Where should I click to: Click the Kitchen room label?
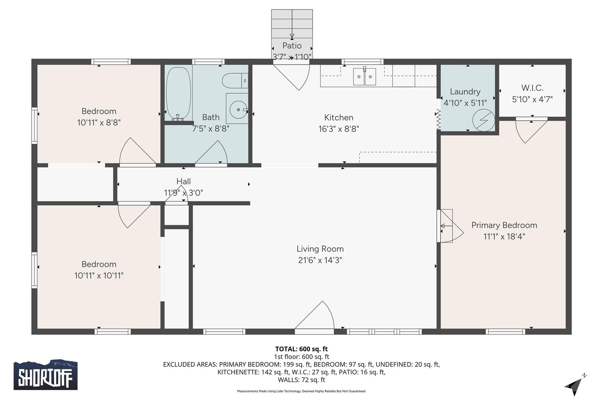tap(339, 118)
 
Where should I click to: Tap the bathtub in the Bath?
tap(178, 93)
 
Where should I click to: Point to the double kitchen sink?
tap(365, 77)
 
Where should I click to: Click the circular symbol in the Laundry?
tap(483, 120)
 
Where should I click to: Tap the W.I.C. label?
tap(532, 88)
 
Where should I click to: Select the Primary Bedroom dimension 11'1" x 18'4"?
tap(504, 236)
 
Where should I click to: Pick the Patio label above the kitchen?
tap(292, 46)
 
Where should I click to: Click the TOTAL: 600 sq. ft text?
tap(301, 349)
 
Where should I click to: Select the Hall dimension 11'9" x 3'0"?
tap(183, 193)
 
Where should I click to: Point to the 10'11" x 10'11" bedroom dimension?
tap(99, 276)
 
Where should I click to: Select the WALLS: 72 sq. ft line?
tap(301, 380)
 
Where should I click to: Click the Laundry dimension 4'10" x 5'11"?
tap(465, 103)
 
